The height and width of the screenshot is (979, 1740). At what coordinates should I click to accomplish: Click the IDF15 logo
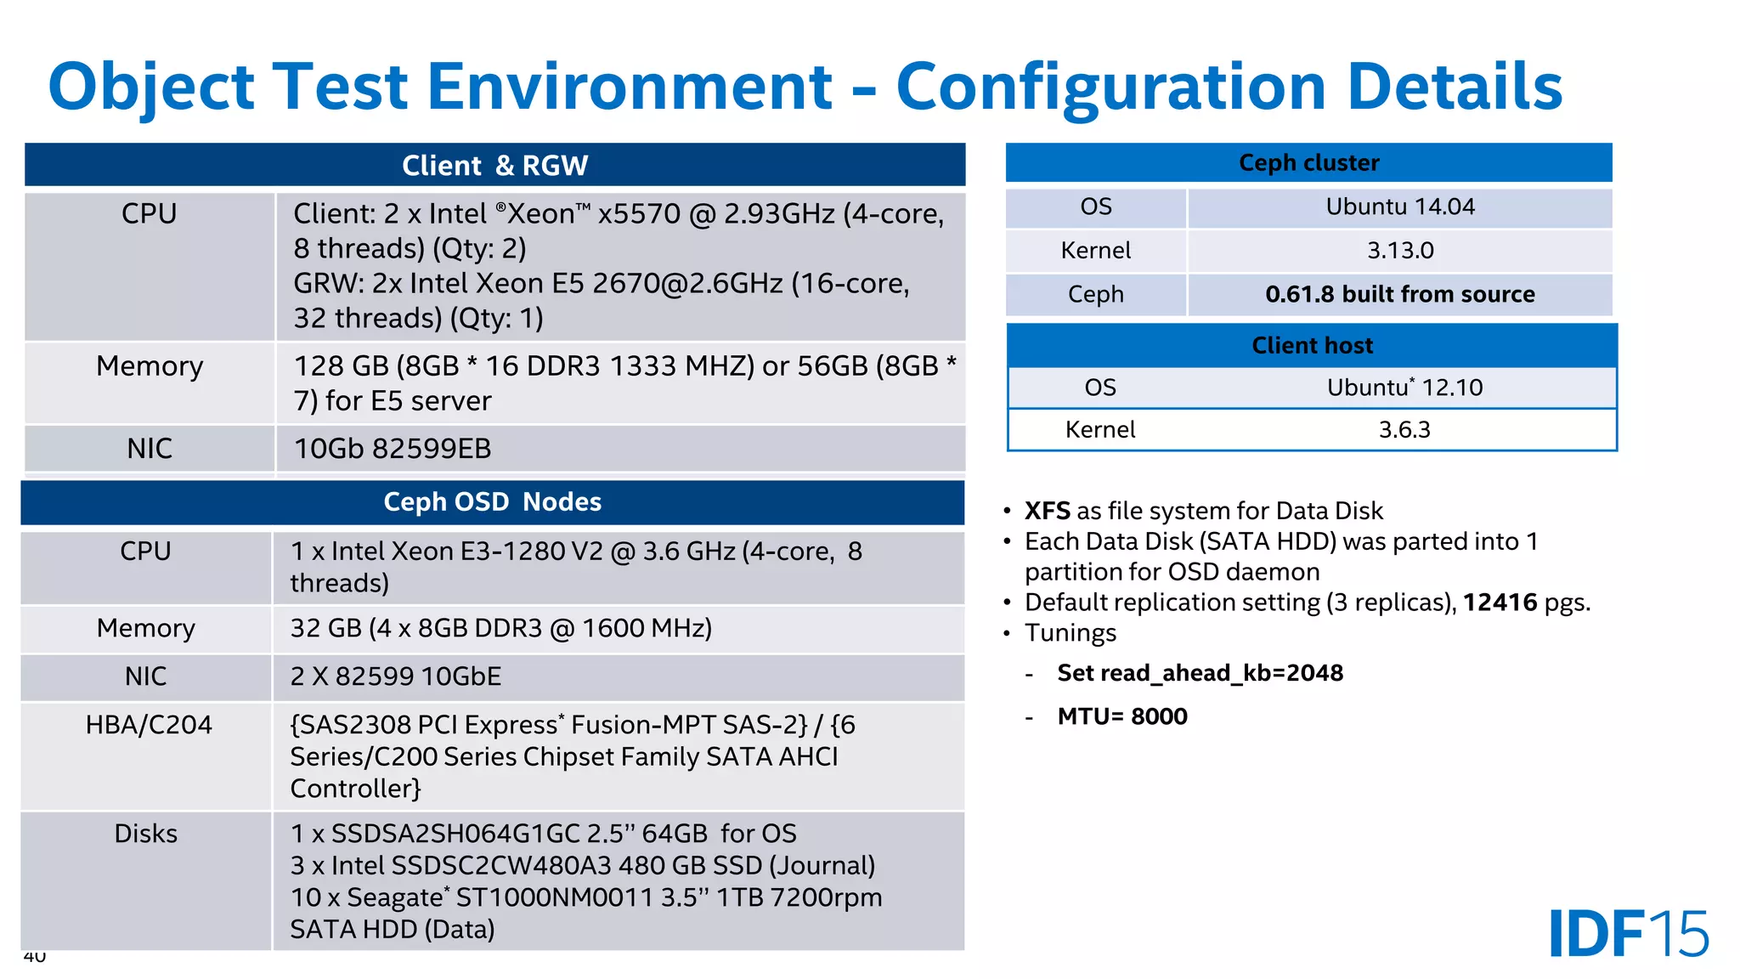click(x=1628, y=933)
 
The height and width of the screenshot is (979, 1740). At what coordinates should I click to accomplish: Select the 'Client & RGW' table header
click(x=494, y=165)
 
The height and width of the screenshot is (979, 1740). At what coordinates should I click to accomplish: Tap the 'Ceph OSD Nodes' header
click(x=492, y=501)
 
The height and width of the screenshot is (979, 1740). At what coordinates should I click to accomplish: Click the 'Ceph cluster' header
click(x=1308, y=162)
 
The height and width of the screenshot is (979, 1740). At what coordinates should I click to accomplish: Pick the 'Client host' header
click(x=1312, y=345)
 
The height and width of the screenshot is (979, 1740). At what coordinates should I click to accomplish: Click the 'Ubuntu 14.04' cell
click(x=1399, y=207)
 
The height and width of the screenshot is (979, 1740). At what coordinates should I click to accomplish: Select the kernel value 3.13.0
click(x=1399, y=251)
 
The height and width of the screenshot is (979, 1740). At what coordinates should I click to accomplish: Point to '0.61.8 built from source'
click(x=1399, y=294)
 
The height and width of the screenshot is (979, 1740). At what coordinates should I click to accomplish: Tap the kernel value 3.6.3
click(x=1404, y=429)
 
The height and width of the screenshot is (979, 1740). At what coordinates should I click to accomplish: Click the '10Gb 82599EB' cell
click(x=393, y=449)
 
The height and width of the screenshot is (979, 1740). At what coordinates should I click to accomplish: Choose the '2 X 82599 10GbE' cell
click(x=395, y=676)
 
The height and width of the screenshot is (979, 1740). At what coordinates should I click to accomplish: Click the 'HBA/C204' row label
click(x=149, y=725)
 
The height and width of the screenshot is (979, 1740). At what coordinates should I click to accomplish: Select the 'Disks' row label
click(x=146, y=834)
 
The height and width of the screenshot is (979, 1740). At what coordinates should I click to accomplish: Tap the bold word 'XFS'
click(x=1047, y=511)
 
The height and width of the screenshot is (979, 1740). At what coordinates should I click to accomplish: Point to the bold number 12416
click(x=1500, y=603)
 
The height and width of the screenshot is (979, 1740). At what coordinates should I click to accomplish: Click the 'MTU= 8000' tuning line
click(x=1121, y=716)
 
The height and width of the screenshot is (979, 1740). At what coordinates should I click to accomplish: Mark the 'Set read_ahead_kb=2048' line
click(x=1200, y=673)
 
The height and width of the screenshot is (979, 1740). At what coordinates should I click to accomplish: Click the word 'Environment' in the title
click(x=629, y=87)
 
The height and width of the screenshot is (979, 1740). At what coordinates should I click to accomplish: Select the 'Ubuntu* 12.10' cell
click(x=1404, y=388)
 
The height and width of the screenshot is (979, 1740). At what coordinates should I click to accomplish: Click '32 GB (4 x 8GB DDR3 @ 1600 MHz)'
click(x=500, y=628)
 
